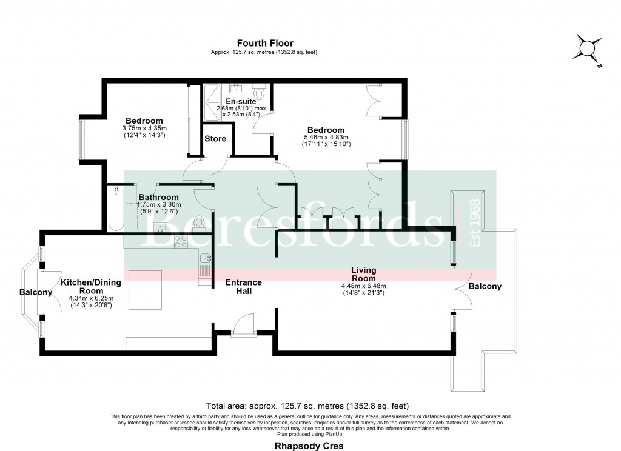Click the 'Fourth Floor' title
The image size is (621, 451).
coord(265,43)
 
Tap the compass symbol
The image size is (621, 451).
coord(587,48)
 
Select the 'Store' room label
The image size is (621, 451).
coord(215,139)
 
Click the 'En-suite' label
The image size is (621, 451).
coord(240,101)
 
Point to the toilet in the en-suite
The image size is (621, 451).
coord(260,93)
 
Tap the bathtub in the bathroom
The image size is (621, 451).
coord(115,209)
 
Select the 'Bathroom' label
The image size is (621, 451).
coord(158,197)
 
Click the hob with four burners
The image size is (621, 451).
coord(181,241)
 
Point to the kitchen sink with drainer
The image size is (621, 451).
coord(205,267)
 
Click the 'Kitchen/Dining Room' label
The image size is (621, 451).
coord(91,287)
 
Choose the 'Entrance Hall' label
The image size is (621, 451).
coord(244,287)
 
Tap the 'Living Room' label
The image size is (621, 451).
coord(364,274)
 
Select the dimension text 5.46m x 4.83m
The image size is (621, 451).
coord(326,138)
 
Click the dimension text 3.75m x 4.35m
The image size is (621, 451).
coord(144,129)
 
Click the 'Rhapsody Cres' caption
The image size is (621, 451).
coord(310,446)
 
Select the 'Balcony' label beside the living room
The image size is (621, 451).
coord(485,286)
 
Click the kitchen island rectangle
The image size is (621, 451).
coord(145,290)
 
